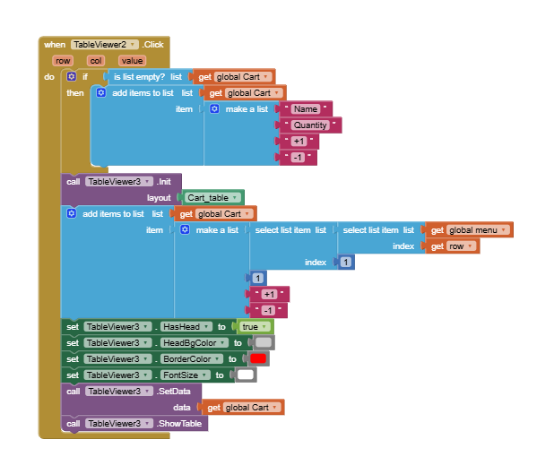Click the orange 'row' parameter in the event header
pos(62,61)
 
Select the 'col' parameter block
pos(96,61)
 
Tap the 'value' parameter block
pos(132,61)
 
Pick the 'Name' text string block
pos(306,108)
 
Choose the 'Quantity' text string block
pos(310,125)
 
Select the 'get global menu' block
pos(469,230)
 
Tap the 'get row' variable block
pos(452,246)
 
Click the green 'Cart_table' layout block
pos(211,197)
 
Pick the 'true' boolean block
pos(252,326)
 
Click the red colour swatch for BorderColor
pos(258,358)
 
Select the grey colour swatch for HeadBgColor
pos(264,342)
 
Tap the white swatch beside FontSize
pos(245,375)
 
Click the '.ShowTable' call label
pos(179,423)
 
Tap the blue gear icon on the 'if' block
pos(73,76)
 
